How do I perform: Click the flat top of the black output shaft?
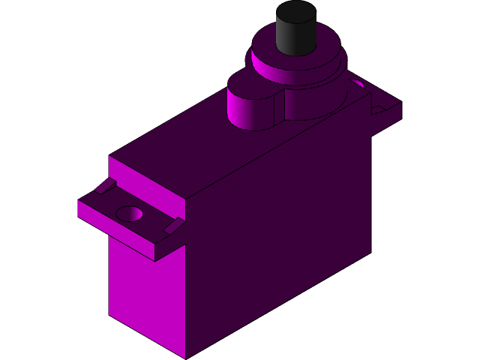[x=295, y=12]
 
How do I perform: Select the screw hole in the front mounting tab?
[x=129, y=214]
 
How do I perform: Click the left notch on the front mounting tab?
[x=105, y=186]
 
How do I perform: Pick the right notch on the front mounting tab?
[x=172, y=226]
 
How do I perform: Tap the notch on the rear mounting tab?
[x=378, y=109]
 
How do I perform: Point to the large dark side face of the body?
[x=285, y=225]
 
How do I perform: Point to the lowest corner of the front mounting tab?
[x=154, y=260]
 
